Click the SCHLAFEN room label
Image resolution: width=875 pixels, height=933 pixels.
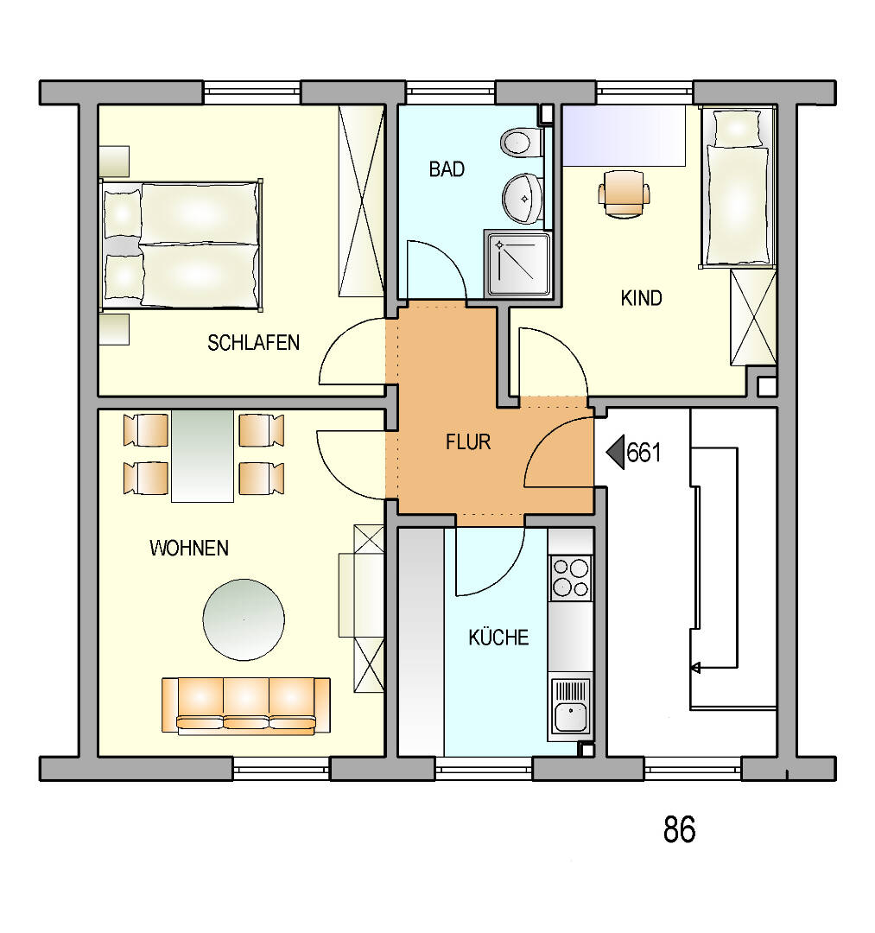253,343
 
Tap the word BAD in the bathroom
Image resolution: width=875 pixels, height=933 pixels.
447,169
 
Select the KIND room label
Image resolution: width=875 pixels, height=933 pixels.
641,298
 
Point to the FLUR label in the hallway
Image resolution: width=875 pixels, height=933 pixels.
468,442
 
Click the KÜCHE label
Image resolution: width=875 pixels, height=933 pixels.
498,637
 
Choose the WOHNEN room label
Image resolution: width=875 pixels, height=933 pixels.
189,548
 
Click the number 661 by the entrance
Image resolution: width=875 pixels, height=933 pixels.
644,453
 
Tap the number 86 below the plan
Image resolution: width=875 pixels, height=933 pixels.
679,829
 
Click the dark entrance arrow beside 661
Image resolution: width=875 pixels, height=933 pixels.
615,452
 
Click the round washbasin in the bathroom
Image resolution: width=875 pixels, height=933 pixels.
523,199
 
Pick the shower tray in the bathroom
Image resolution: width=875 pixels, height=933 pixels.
518,264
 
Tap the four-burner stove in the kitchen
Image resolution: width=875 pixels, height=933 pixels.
570,578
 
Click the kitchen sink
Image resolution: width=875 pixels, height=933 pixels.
570,707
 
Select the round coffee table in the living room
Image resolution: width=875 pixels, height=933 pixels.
244,619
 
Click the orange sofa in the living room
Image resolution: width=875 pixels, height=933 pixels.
246,705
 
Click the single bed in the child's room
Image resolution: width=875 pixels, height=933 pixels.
738,187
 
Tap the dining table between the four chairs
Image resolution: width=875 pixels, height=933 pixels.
202,456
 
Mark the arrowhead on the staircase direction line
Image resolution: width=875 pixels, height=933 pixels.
694,668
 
